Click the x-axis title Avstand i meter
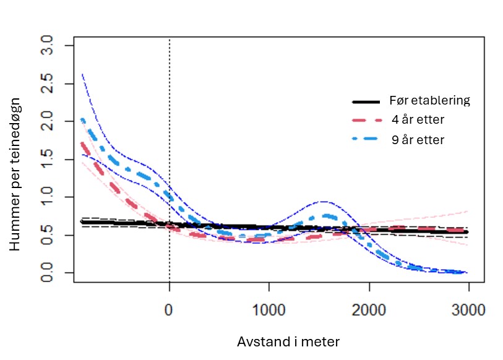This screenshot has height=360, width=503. [288, 341]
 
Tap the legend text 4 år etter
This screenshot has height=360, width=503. [418, 120]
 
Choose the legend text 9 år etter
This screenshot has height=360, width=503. [418, 140]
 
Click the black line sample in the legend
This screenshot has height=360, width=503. [365, 101]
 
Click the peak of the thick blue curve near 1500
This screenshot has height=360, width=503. [328, 216]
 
